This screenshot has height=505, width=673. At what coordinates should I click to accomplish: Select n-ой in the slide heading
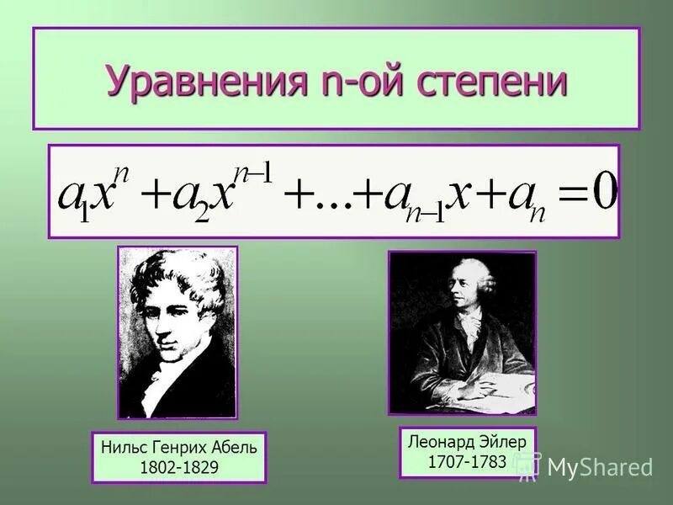pyautogui.click(x=347, y=83)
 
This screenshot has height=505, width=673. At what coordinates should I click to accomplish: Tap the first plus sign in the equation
pyautogui.click(x=154, y=195)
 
